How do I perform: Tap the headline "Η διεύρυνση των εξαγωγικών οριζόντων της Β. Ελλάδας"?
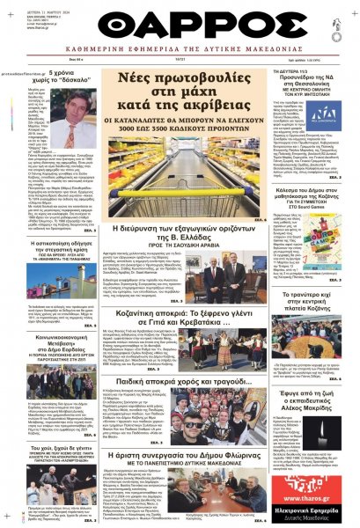[179, 236]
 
